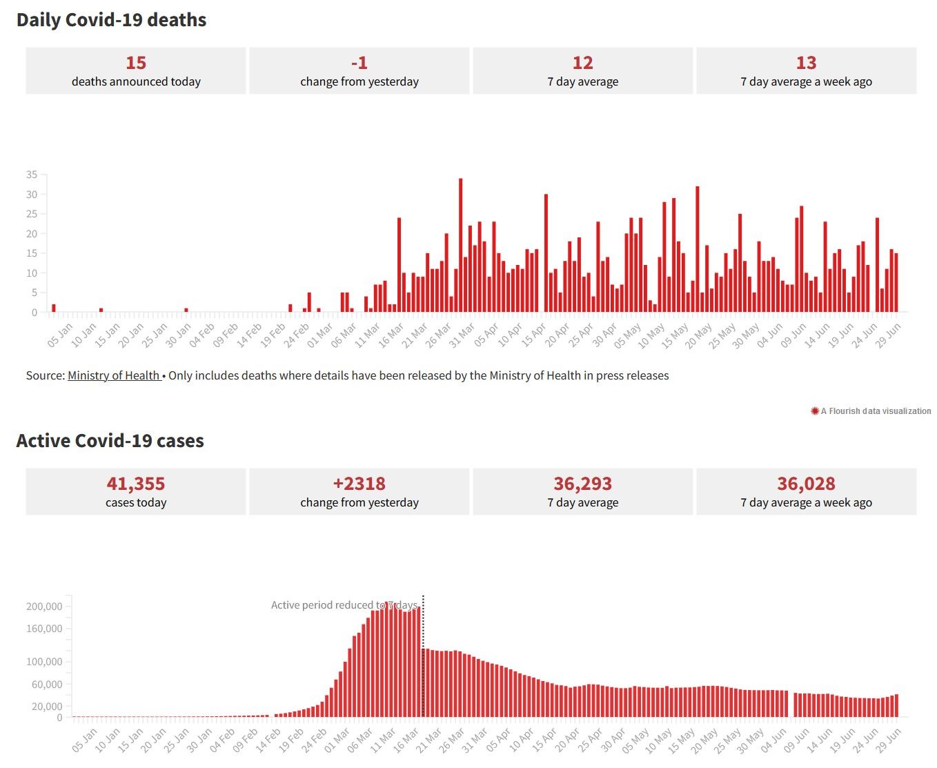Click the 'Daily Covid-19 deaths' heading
point(111,20)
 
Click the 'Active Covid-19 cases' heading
point(110,441)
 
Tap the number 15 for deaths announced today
point(136,63)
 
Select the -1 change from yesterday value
point(359,63)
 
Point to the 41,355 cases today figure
point(136,484)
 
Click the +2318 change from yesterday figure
point(359,484)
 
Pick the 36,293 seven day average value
point(582,484)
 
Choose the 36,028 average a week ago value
point(806,484)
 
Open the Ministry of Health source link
point(114,375)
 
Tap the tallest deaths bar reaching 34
point(460,245)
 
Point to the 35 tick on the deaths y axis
point(32,175)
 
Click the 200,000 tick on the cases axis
point(44,607)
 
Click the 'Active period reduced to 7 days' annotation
point(344,605)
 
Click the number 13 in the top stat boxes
point(806,63)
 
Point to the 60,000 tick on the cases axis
point(47,685)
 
